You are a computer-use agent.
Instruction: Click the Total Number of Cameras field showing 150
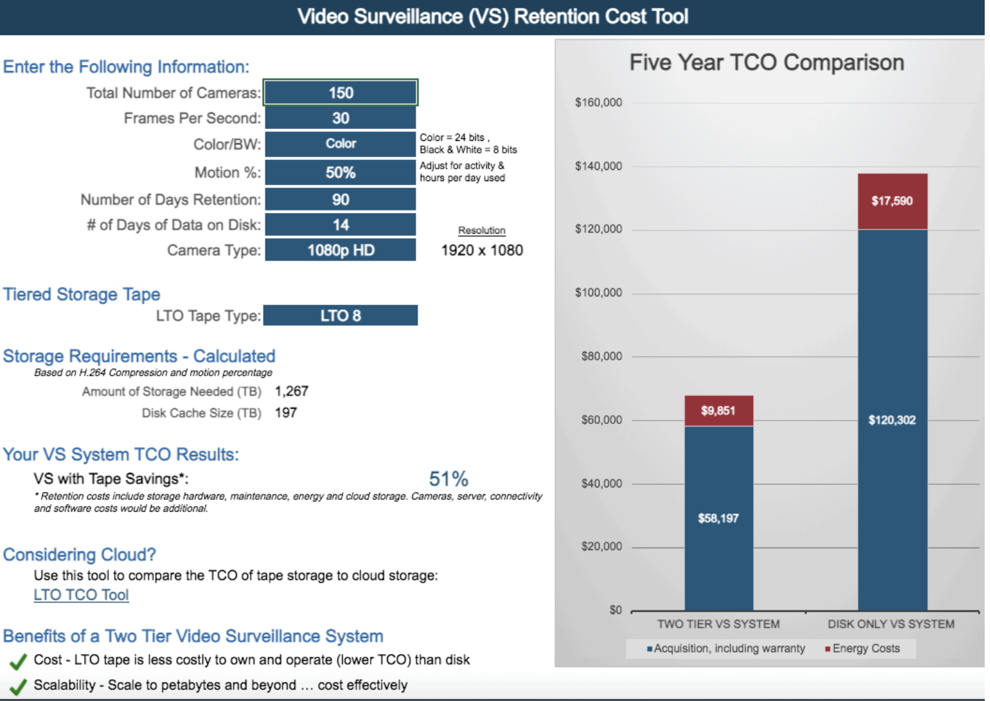click(x=340, y=93)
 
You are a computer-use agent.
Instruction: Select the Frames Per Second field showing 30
click(x=340, y=118)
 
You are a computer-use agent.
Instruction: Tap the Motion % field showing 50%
click(x=340, y=173)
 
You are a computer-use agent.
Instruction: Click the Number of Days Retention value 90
click(x=340, y=200)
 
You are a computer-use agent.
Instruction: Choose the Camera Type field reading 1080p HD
click(x=340, y=250)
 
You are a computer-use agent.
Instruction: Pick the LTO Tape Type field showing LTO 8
click(x=340, y=315)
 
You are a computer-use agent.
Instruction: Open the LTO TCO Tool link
click(x=81, y=595)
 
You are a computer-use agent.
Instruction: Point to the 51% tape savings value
click(x=448, y=479)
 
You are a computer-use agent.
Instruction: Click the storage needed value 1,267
click(x=291, y=392)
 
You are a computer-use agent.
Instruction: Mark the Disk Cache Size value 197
click(x=286, y=413)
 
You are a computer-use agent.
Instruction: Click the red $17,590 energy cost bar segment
click(x=892, y=201)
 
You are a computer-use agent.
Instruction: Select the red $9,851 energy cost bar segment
click(x=718, y=411)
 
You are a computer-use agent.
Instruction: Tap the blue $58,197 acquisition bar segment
click(x=718, y=518)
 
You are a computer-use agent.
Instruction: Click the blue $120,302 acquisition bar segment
click(x=892, y=420)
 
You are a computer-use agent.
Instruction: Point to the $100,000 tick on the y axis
click(x=598, y=293)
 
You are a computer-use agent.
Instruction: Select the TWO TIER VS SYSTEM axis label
click(x=718, y=624)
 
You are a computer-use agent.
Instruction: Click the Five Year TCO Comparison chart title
click(x=766, y=63)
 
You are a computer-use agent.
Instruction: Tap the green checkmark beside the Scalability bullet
click(x=19, y=686)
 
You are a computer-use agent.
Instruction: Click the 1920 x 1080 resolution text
click(x=482, y=251)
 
